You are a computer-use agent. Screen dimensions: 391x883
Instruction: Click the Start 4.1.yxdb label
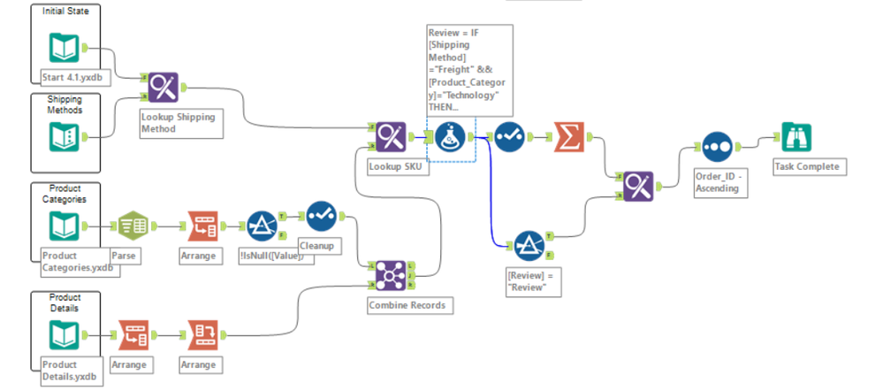[72, 76]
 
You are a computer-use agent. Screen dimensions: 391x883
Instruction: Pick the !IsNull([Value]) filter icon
[262, 226]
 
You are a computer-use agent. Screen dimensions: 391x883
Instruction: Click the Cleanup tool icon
[321, 217]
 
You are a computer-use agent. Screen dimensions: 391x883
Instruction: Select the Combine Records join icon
[390, 275]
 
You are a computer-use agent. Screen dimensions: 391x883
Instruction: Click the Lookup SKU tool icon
[390, 138]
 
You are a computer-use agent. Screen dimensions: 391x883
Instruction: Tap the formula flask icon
[449, 138]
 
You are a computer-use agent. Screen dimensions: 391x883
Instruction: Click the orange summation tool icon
[569, 137]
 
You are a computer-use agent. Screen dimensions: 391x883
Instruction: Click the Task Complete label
[805, 166]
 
